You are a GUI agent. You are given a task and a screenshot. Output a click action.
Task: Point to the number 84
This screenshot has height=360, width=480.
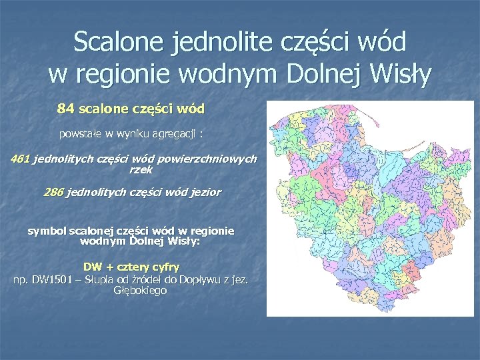click(66, 107)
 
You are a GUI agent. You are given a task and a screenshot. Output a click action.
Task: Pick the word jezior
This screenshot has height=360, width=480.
click(205, 193)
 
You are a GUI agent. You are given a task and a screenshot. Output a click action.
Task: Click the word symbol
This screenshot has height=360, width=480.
click(46, 231)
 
